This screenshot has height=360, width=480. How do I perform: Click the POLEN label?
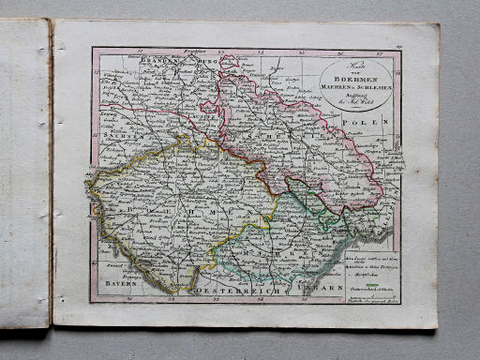click(383, 123)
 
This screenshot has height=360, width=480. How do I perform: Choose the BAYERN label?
click(119, 280)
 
